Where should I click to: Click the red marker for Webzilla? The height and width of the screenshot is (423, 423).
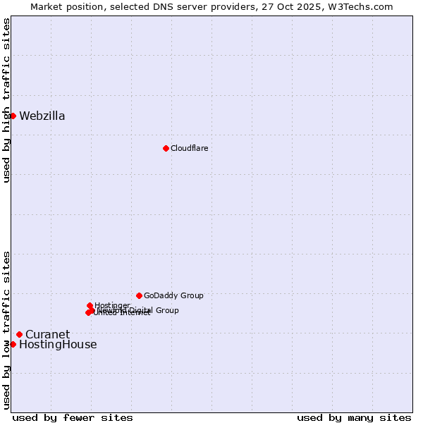[13, 116]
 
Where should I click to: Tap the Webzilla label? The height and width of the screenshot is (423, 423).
[42, 116]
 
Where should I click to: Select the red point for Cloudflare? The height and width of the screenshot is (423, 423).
[166, 148]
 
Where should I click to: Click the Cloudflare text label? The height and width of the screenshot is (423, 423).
[189, 148]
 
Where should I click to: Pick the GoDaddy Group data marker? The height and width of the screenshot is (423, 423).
[139, 295]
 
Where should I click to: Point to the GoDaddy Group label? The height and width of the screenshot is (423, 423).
[173, 296]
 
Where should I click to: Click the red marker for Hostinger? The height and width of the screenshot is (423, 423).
[90, 306]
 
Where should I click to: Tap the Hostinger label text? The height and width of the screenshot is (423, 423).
[112, 305]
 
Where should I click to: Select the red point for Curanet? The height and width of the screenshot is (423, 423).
[19, 334]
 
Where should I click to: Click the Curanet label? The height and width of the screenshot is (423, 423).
[47, 335]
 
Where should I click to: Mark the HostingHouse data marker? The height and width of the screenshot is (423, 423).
[13, 344]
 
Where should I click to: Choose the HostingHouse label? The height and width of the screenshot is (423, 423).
[58, 345]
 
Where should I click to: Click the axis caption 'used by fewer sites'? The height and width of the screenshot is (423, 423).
[73, 417]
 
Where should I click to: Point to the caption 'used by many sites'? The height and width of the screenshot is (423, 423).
[354, 417]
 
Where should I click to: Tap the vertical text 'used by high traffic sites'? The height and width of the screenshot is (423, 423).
[6, 100]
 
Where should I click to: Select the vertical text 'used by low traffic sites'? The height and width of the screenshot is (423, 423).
[6, 329]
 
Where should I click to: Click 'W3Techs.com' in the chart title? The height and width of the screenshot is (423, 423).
[364, 6]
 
